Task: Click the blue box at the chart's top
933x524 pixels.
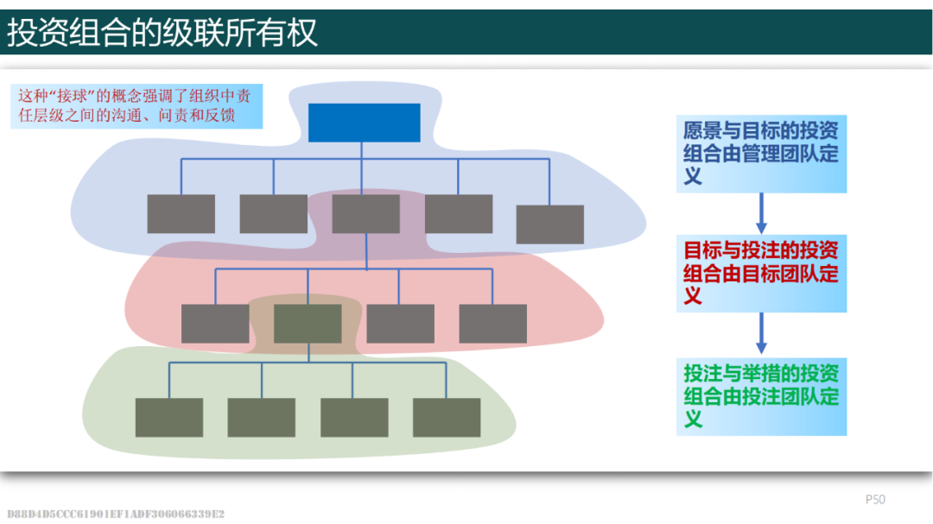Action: pyautogui.click(x=364, y=123)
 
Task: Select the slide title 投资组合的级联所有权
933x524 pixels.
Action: pyautogui.click(x=163, y=33)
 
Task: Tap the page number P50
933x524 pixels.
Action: pyautogui.click(x=875, y=499)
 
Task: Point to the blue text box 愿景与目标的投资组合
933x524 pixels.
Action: pyautogui.click(x=761, y=154)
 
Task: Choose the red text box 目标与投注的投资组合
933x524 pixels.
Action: pyautogui.click(x=761, y=273)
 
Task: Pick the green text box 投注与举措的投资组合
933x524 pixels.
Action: pyautogui.click(x=761, y=396)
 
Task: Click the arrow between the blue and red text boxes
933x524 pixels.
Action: pyautogui.click(x=761, y=212)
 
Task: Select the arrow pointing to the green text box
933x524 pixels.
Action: pyautogui.click(x=761, y=334)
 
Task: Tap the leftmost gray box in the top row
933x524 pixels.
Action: pyautogui.click(x=181, y=213)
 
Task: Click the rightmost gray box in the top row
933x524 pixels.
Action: pyautogui.click(x=549, y=224)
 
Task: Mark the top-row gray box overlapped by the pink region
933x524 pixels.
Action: pyautogui.click(x=365, y=213)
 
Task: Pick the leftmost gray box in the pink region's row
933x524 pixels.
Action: pyautogui.click(x=215, y=324)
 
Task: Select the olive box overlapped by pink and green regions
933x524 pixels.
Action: pyautogui.click(x=308, y=324)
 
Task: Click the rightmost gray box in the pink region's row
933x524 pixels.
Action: pyautogui.click(x=492, y=324)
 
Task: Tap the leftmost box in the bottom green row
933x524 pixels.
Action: pyautogui.click(x=169, y=417)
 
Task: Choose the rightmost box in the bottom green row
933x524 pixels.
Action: pyautogui.click(x=447, y=417)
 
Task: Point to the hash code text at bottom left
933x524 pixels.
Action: pyautogui.click(x=116, y=514)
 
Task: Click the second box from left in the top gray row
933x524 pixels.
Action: pyautogui.click(x=273, y=213)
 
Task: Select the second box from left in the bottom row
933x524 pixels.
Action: pyautogui.click(x=262, y=417)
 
